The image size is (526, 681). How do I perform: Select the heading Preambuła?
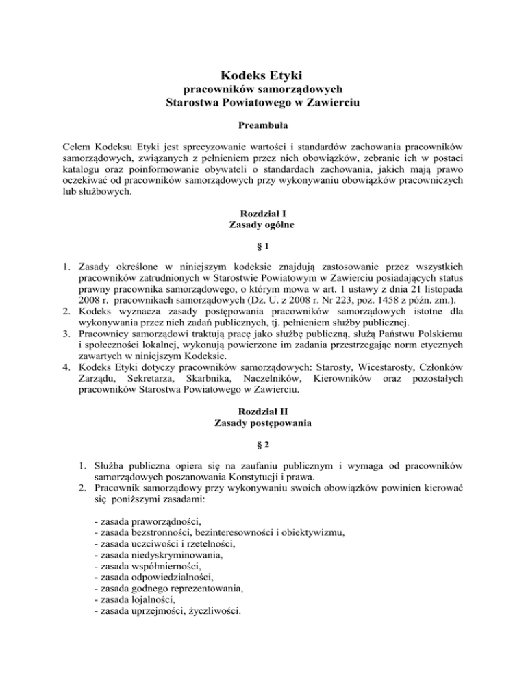(263, 127)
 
